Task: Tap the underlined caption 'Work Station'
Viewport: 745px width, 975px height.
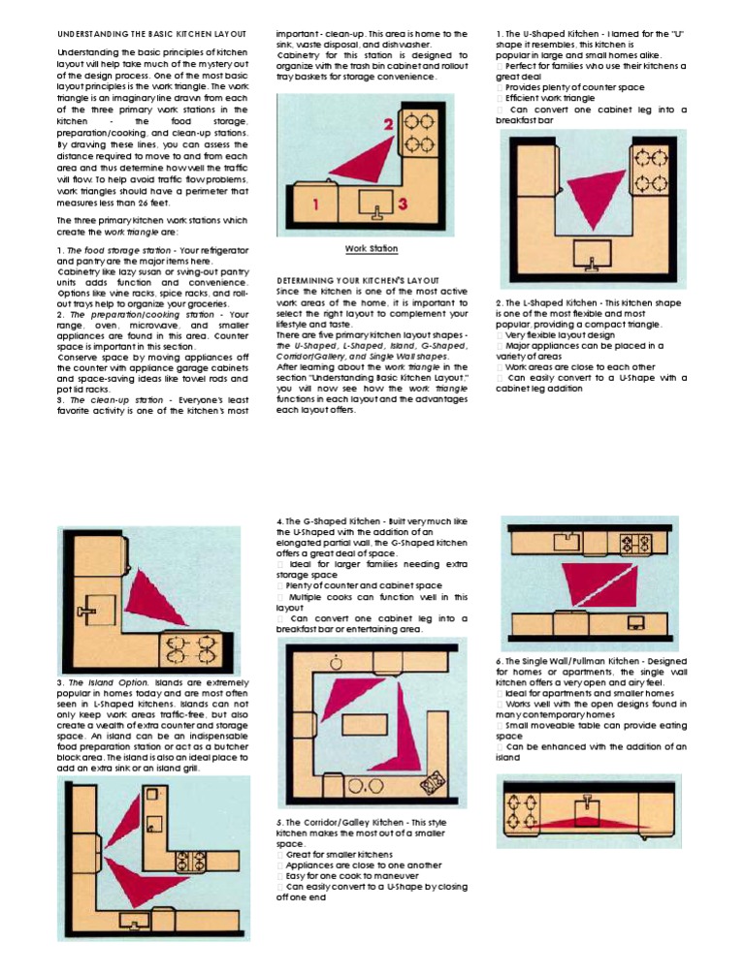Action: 371,249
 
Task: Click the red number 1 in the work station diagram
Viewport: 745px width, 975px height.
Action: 315,204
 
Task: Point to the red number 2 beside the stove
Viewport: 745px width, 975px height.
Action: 388,125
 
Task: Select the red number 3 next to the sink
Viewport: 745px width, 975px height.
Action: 402,204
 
